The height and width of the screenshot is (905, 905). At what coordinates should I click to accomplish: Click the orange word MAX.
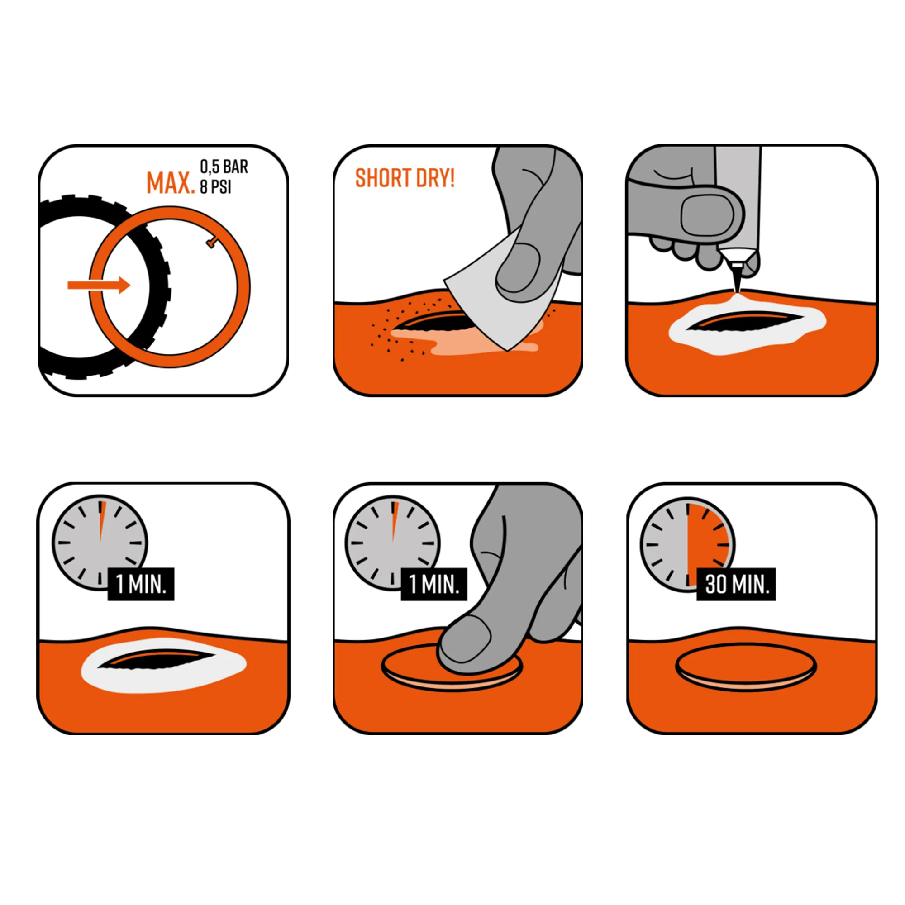pyautogui.click(x=171, y=183)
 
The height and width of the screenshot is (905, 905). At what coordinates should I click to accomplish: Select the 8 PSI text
pyautogui.click(x=215, y=186)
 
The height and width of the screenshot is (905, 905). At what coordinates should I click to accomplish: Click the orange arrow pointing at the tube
pyautogui.click(x=99, y=285)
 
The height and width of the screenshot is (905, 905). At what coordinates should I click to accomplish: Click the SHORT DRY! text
pyautogui.click(x=405, y=178)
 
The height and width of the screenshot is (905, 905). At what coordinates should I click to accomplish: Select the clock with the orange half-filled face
pyautogui.click(x=687, y=544)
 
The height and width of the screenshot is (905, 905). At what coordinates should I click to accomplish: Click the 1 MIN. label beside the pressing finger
pyautogui.click(x=434, y=585)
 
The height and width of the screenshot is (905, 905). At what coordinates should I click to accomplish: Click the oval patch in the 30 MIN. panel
pyautogui.click(x=746, y=667)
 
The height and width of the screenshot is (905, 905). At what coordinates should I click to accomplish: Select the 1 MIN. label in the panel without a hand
pyautogui.click(x=141, y=585)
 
